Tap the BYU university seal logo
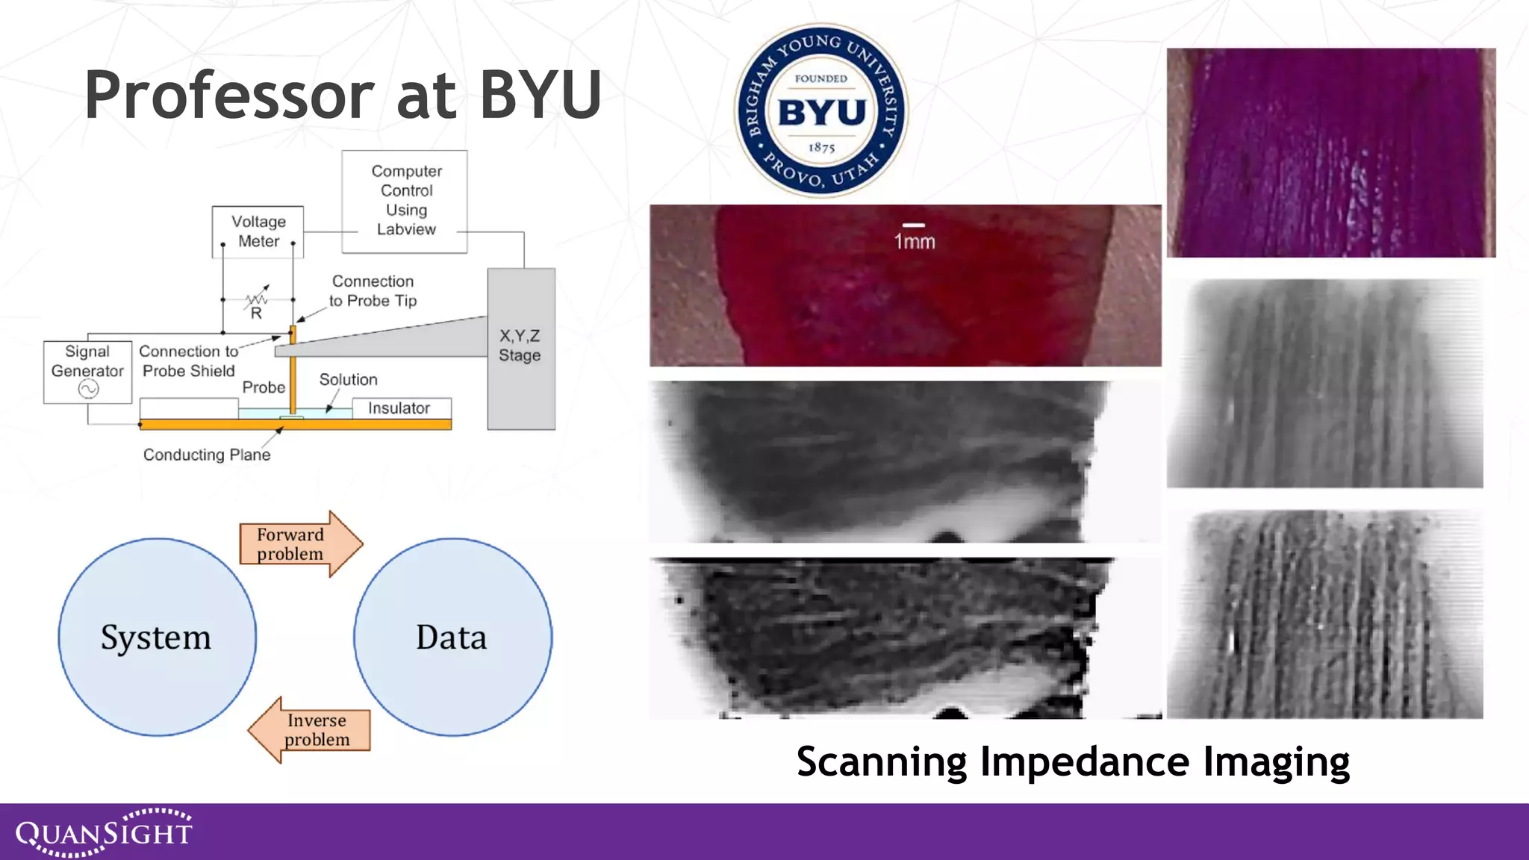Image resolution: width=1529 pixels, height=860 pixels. [821, 110]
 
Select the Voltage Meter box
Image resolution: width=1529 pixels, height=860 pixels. [258, 231]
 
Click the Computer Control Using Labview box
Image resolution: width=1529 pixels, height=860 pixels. [405, 201]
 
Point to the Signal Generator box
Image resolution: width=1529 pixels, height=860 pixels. [87, 371]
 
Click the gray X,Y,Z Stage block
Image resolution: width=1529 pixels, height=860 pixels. [520, 348]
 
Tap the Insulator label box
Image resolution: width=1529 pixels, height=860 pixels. [400, 408]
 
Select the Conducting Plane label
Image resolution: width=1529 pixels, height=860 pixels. [207, 455]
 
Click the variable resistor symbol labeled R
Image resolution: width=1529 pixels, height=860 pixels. [257, 302]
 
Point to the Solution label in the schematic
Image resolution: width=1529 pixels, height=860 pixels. [348, 379]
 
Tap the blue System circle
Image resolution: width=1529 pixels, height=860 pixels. [157, 637]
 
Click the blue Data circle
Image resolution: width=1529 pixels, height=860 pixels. [452, 637]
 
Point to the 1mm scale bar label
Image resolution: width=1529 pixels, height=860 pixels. [915, 240]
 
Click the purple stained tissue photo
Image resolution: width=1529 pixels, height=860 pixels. [1330, 153]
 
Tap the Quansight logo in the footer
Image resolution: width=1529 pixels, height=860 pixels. [104, 832]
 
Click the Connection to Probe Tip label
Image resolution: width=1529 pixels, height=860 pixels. [373, 291]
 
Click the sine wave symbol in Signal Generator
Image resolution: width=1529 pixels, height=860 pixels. [88, 389]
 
